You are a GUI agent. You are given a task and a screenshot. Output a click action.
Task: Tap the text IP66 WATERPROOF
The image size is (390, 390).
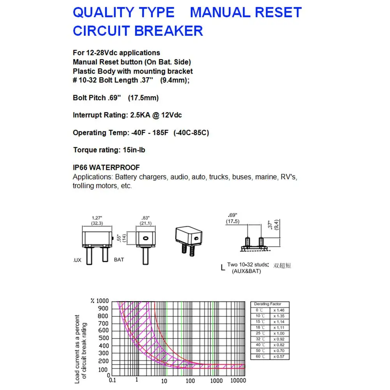106,168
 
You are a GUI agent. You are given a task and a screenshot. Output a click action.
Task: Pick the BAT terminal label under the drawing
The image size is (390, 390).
119,259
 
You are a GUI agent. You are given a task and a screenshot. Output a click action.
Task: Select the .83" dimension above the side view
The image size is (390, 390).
146,218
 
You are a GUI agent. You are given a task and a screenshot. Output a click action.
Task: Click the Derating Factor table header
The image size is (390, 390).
267,304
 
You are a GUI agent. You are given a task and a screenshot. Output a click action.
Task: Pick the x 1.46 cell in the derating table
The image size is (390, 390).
279,310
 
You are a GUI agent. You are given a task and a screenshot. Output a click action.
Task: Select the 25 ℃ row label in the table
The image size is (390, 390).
260,334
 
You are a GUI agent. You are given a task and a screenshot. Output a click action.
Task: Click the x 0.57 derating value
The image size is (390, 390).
279,357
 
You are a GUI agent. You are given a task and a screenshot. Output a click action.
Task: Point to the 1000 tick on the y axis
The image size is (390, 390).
102,301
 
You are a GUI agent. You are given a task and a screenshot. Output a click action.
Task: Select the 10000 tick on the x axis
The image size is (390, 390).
238,381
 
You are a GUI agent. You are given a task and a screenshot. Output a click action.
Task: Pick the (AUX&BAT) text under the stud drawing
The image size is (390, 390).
246,271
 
